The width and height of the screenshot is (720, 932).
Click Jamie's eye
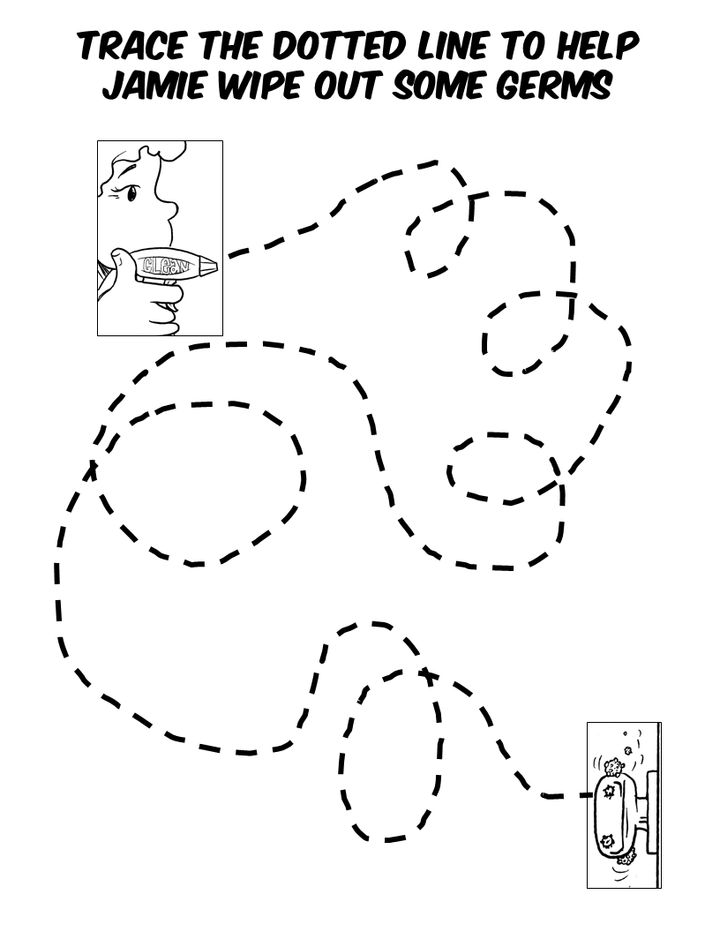click(x=131, y=192)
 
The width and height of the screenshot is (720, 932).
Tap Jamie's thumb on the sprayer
click(x=116, y=259)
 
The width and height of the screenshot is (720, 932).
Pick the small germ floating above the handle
click(x=628, y=750)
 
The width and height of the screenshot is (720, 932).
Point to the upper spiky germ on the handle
click(x=608, y=792)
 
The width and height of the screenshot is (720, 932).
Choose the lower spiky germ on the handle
click(x=606, y=840)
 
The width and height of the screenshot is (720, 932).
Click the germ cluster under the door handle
click(x=627, y=857)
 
